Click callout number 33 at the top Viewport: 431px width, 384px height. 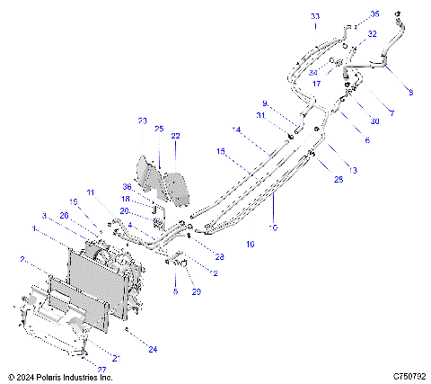315,17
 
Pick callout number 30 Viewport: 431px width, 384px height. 375,121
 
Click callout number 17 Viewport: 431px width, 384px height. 315,83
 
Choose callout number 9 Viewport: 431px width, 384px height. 265,103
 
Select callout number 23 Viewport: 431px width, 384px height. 142,121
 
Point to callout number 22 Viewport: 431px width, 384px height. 176,136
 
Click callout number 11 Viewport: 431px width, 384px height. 90,192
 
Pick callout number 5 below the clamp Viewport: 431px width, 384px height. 176,292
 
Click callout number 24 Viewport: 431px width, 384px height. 153,349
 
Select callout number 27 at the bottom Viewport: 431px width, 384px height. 101,369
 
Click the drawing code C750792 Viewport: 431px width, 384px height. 408,377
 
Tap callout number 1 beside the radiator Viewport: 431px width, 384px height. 35,229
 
